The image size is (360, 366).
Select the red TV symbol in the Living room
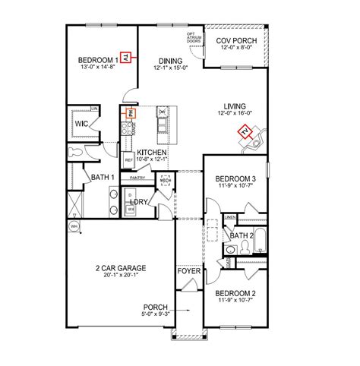(x=245, y=133)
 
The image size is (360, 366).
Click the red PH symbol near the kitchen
(x=129, y=114)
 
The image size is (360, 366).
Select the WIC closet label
(x=83, y=121)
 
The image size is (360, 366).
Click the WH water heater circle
(x=74, y=226)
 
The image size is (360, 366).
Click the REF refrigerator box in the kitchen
(x=129, y=160)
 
